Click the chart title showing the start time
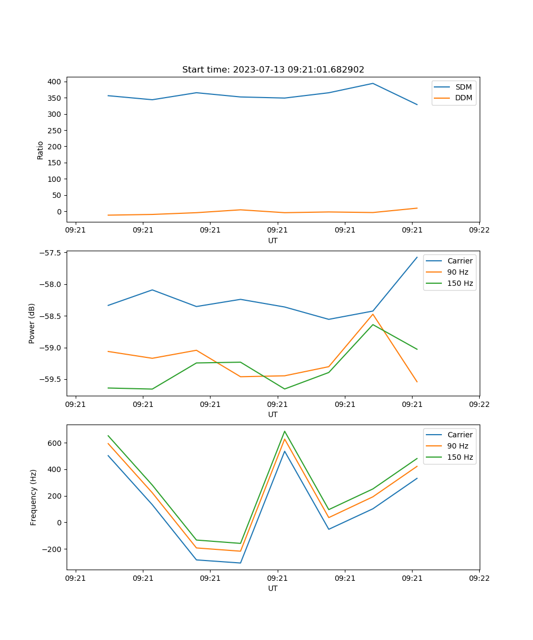273,70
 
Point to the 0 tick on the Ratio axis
59,212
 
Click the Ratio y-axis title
41,150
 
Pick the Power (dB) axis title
32,323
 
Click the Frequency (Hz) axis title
33,497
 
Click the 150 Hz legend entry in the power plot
460,283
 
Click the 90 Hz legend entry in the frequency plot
457,446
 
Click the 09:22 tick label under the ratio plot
479,230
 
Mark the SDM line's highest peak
373,83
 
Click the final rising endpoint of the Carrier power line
417,257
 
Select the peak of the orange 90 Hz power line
373,314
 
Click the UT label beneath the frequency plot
273,589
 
